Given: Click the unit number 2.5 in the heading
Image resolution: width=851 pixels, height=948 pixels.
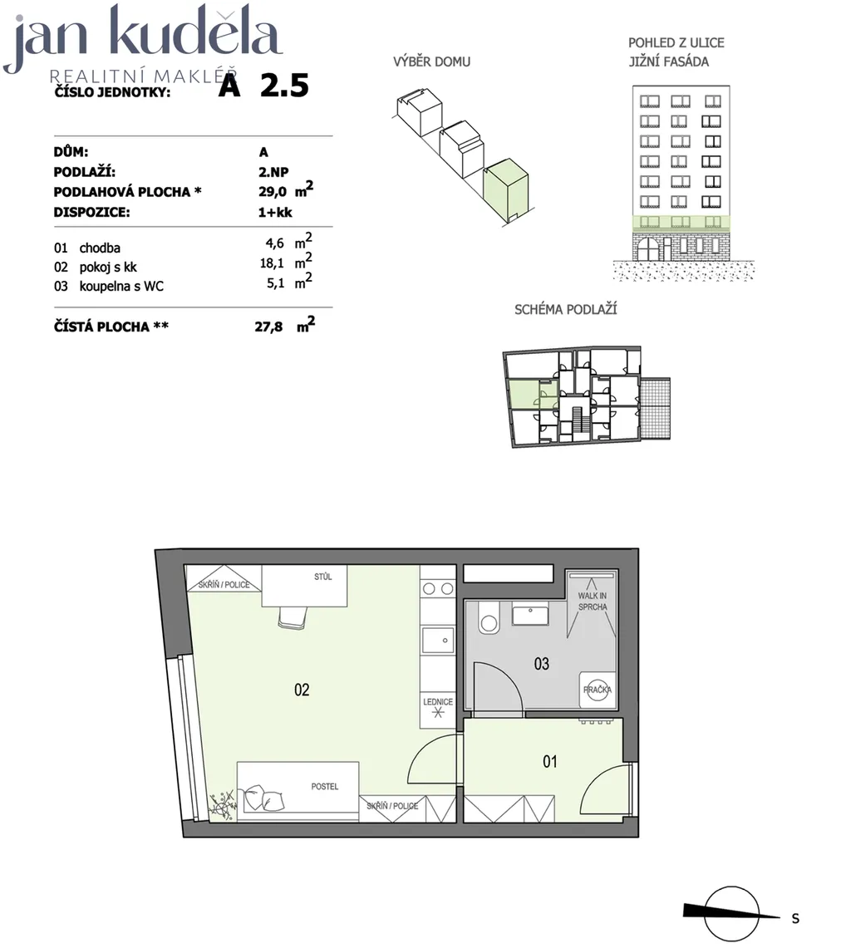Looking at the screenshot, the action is [284, 86].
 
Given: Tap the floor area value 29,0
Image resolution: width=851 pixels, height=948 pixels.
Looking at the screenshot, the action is [273, 192].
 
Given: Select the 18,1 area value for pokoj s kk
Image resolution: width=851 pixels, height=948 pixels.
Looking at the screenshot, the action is [272, 263].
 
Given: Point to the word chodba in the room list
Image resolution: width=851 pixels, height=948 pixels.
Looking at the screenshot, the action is [100, 248].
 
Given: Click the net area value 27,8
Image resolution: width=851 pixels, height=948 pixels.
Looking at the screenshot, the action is [268, 327].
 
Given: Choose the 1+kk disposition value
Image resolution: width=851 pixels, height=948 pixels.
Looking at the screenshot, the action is [275, 212].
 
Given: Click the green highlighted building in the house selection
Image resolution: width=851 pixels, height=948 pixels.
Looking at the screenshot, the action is [506, 189].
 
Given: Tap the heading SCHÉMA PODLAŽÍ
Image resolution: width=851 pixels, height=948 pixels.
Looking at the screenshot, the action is [565, 310].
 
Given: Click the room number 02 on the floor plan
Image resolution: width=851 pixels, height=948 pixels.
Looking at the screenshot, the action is [302, 690].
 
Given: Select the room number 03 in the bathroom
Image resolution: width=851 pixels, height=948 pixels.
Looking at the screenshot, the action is [541, 664].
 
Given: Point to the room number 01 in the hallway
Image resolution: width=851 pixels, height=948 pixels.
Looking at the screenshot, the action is [550, 761].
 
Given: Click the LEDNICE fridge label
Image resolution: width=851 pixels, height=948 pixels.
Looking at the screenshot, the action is [438, 702].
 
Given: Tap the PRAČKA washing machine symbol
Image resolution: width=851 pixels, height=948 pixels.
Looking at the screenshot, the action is [598, 690].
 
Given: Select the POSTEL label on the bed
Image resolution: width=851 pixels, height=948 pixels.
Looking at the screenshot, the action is [325, 787].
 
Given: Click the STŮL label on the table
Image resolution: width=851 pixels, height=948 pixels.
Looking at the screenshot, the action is [323, 577].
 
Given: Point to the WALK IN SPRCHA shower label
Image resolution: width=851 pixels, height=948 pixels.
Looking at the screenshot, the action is [593, 601].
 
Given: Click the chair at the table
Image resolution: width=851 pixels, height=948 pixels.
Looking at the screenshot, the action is [293, 618].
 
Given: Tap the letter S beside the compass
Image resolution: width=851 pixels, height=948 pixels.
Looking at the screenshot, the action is [795, 918].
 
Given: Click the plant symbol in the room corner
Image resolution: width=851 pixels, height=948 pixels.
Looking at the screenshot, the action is [222, 804].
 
